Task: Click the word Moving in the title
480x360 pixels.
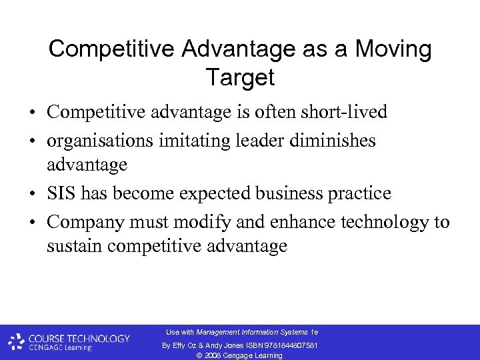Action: coord(393,49)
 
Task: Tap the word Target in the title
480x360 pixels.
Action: coord(240,77)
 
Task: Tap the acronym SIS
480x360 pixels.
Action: coord(63,193)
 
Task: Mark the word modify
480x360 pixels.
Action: coord(177,222)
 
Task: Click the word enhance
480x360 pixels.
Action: coord(266,221)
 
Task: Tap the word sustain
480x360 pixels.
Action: coord(74,246)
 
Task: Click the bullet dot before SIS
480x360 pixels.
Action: coord(32,194)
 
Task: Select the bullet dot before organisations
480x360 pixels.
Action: coord(32,141)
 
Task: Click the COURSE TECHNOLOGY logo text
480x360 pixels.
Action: coord(79,338)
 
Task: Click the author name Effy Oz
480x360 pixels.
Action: coord(185,345)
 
